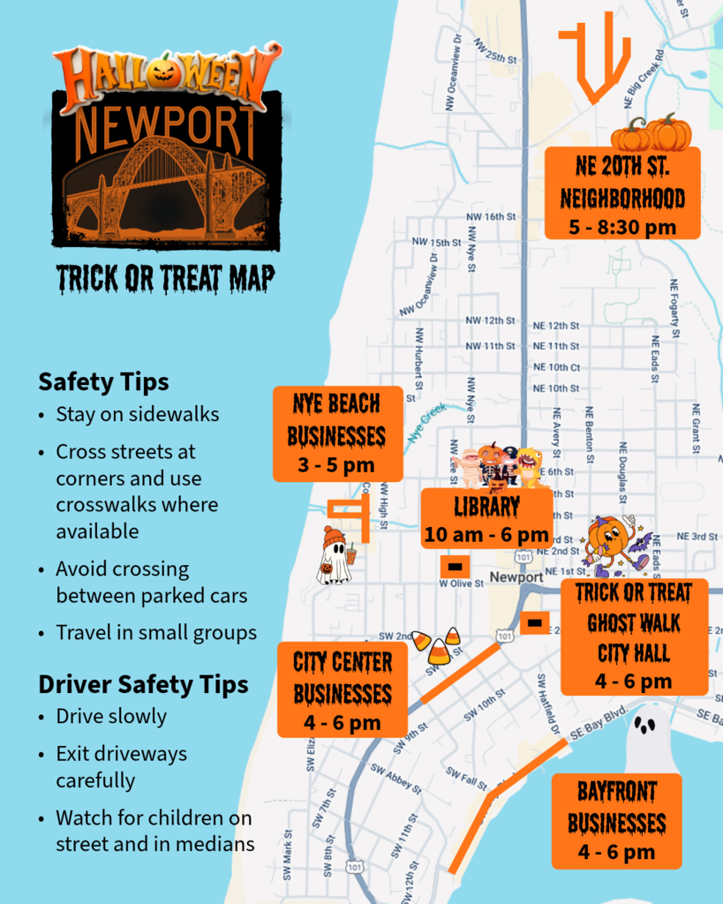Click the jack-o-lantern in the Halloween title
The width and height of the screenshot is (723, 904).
[161, 71]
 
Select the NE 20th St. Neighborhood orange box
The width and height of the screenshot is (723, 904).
[622, 193]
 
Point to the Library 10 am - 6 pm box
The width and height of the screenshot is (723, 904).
[486, 519]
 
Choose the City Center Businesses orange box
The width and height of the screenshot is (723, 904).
[342, 690]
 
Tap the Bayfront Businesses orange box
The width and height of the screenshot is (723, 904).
[616, 821]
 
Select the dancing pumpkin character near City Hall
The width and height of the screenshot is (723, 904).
[612, 544]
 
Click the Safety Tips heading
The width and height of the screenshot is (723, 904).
[103, 382]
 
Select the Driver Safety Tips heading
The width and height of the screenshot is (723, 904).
[143, 684]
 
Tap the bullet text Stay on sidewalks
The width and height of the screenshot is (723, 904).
[137, 414]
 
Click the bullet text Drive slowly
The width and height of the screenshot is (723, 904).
[111, 716]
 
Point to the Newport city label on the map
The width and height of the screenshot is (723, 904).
[516, 576]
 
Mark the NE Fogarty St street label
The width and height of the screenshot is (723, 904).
[674, 307]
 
